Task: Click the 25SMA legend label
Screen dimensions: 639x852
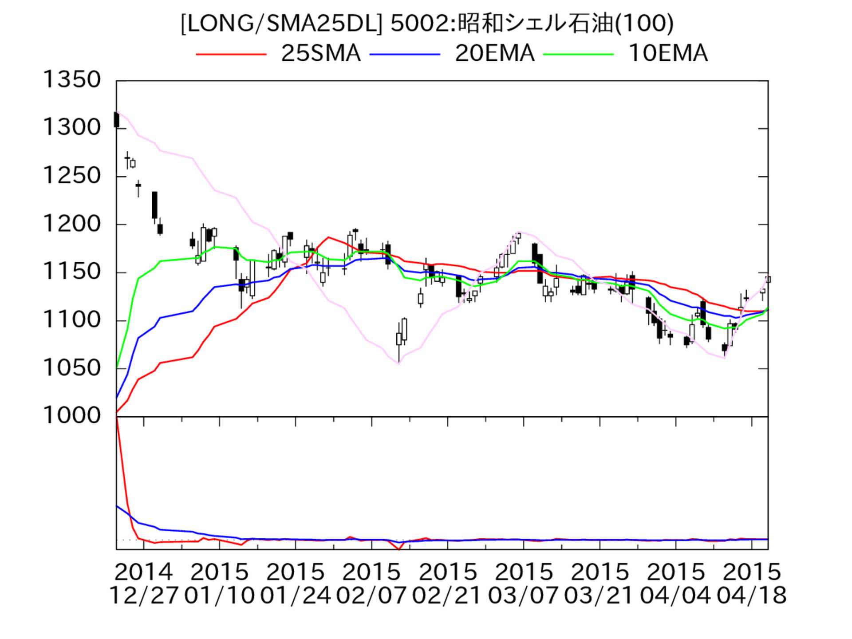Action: tap(320, 54)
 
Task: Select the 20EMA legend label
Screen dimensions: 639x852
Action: tap(494, 54)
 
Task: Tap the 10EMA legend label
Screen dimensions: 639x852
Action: tap(668, 54)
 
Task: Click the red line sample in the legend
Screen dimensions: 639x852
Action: tap(231, 54)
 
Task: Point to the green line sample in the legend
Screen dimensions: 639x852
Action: tap(579, 54)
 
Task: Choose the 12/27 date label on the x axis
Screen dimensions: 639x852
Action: tap(143, 596)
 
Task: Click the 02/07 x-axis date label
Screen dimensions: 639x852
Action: tap(371, 596)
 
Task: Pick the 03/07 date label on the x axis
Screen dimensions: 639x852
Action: tap(523, 596)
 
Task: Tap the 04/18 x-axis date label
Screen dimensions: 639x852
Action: tap(751, 596)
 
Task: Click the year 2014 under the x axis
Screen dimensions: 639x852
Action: tap(143, 572)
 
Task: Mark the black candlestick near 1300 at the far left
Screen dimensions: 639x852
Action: tap(116, 120)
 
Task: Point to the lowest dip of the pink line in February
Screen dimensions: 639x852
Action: tap(398, 363)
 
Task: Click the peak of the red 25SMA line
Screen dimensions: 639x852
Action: tap(328, 237)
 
